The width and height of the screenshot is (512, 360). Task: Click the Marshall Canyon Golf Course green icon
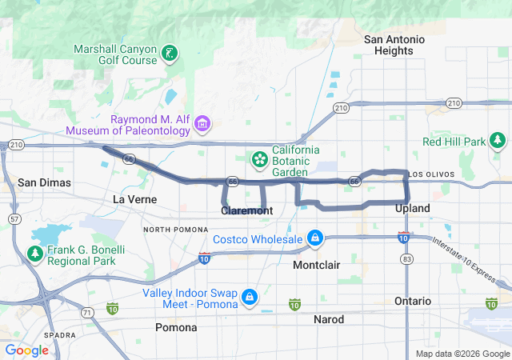(x=170, y=54)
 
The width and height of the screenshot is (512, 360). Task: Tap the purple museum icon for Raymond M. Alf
(x=202, y=123)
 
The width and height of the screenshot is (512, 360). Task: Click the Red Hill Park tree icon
(x=498, y=142)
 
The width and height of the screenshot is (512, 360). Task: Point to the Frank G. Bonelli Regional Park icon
(x=35, y=254)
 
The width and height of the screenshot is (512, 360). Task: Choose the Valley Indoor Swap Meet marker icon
(x=250, y=298)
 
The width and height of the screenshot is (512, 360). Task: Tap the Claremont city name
(x=246, y=210)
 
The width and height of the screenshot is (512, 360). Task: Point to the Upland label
(x=413, y=208)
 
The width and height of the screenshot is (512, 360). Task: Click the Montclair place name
(x=318, y=264)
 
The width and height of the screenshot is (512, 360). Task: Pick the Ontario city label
(x=413, y=301)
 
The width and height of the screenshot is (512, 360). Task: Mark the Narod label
(x=328, y=319)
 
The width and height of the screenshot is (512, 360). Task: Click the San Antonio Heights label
(x=388, y=45)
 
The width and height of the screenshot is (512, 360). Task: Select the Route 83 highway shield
(x=407, y=259)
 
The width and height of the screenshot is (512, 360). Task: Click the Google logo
(x=27, y=350)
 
